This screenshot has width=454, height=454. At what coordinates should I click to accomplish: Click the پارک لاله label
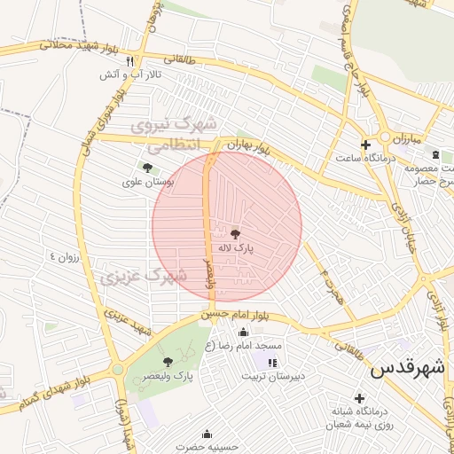click(x=237, y=249)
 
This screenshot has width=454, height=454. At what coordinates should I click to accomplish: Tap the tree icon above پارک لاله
click(x=235, y=234)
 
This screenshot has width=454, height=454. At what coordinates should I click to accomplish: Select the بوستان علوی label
click(x=147, y=182)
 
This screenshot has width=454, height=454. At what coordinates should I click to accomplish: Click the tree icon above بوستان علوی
click(x=146, y=167)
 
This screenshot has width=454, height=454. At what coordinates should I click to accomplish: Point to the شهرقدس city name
click(x=406, y=368)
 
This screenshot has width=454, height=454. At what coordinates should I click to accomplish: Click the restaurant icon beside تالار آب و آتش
click(x=129, y=61)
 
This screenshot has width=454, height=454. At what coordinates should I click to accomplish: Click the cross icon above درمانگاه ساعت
click(x=365, y=144)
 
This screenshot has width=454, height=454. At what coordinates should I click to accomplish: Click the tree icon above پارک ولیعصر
click(x=168, y=361)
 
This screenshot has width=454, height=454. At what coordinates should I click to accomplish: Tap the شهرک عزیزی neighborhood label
click(x=142, y=277)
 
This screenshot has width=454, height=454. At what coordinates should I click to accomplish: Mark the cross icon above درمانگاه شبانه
click(x=359, y=398)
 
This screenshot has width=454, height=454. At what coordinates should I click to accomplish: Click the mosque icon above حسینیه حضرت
click(x=207, y=434)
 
